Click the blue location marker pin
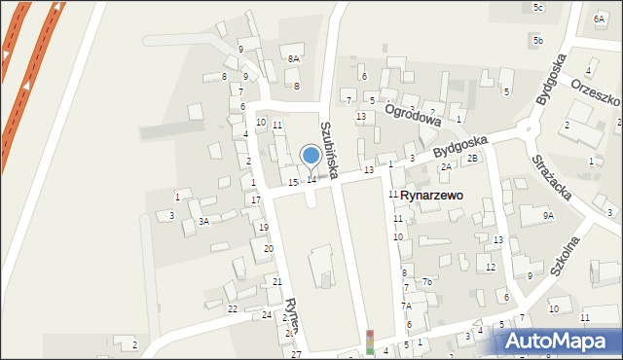pos(311,156)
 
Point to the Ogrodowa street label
pos(413,115)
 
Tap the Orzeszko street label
pos(596,100)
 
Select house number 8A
pos(294,59)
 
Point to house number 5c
pos(538,8)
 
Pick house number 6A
pos(598,19)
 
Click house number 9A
pos(548,216)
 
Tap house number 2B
pos(472,158)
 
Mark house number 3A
pos(203,221)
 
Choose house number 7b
pos(427,282)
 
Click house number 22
pos(233,309)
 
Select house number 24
pos(267,315)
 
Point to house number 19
pos(263,227)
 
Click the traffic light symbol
pos(369,341)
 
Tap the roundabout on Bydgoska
pos(528,127)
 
